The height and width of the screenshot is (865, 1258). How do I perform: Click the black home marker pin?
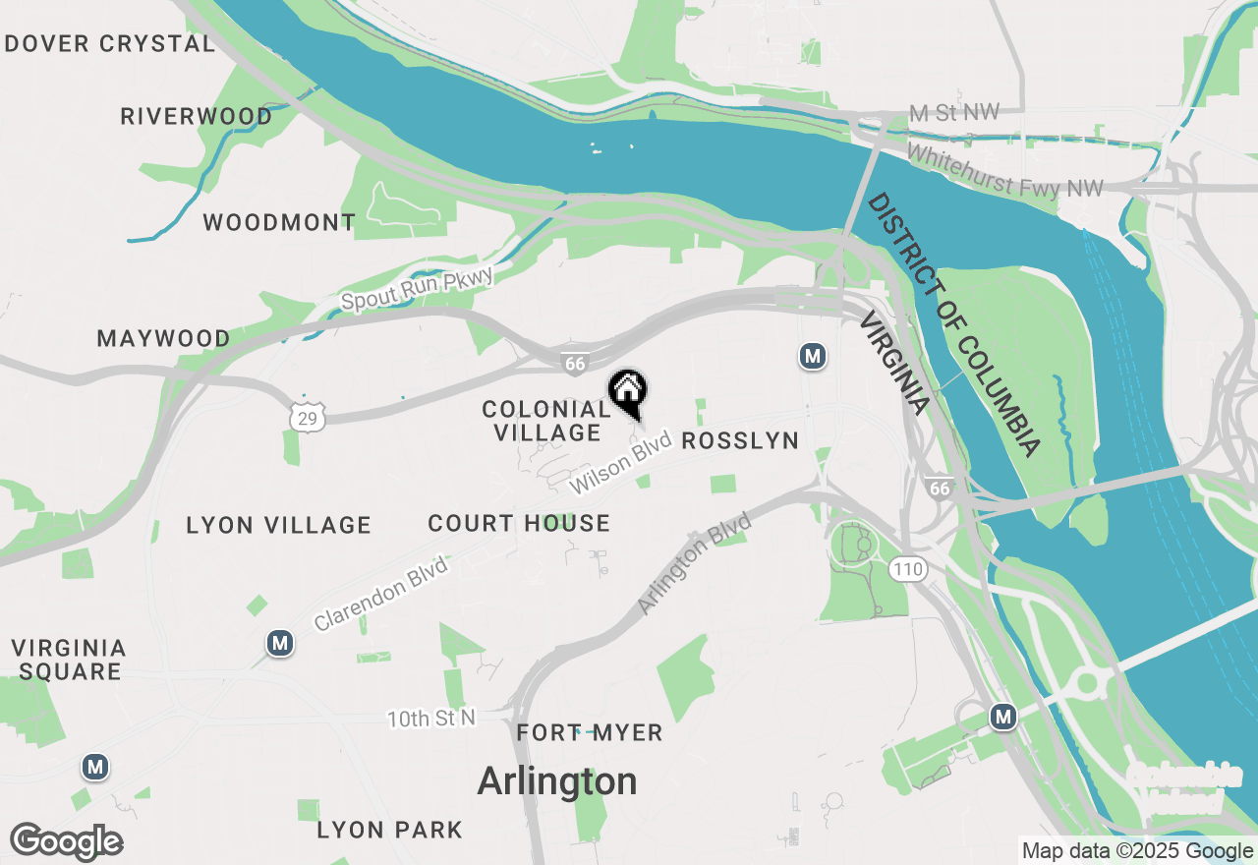coord(628,391)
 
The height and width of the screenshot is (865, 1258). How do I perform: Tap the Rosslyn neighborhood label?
coord(740,441)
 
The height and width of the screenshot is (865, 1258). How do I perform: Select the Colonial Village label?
coord(546,421)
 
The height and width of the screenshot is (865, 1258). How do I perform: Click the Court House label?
coord(519,524)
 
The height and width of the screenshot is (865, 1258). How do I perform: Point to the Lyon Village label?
coord(279,526)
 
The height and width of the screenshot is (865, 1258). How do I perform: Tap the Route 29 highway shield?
coord(308,419)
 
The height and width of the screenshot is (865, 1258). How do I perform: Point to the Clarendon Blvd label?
coord(381,594)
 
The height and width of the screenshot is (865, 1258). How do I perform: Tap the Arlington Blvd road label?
coord(694,564)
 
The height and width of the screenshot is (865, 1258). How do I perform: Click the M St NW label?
coord(953,114)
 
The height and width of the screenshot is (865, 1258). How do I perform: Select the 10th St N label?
coord(430,719)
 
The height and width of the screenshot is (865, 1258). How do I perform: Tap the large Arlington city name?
coord(557,781)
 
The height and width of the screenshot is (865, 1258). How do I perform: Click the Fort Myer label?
coord(590,733)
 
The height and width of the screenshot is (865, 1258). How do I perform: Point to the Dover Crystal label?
coord(109,44)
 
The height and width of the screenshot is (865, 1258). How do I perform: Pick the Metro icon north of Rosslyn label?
coord(812,356)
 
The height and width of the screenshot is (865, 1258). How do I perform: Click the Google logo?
coord(67,842)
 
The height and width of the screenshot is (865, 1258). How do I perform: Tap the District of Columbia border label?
coord(953,324)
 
